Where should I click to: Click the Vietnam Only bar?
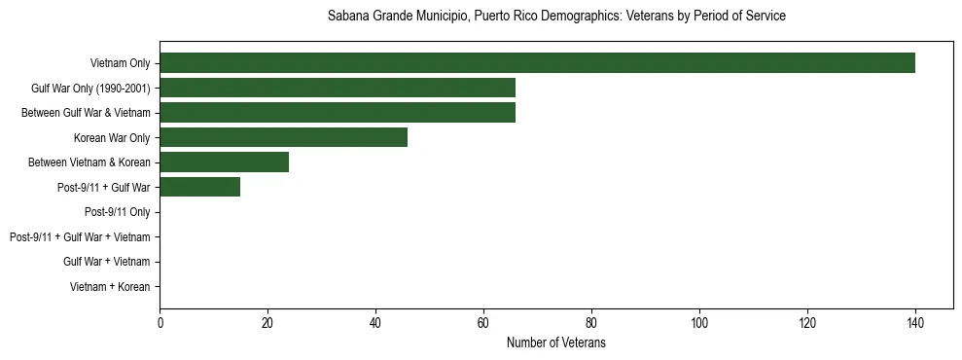pyautogui.click(x=537, y=63)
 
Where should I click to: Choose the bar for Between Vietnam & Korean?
pyautogui.click(x=224, y=162)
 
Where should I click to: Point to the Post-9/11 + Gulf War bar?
pyautogui.click(x=199, y=187)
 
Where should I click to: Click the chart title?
pyautogui.click(x=556, y=17)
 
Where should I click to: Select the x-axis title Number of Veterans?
pyautogui.click(x=556, y=342)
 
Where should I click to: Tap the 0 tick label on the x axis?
pyautogui.click(x=160, y=323)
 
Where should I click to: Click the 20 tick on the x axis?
pyautogui.click(x=267, y=323)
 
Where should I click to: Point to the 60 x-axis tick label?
pyautogui.click(x=483, y=323)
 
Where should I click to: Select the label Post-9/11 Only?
pyautogui.click(x=117, y=212)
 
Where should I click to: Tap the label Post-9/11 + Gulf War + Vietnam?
pyautogui.click(x=80, y=236)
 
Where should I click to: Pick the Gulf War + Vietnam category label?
pyautogui.click(x=106, y=262)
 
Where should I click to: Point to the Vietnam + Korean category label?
pyautogui.click(x=110, y=286)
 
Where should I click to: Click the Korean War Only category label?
pyautogui.click(x=112, y=137)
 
